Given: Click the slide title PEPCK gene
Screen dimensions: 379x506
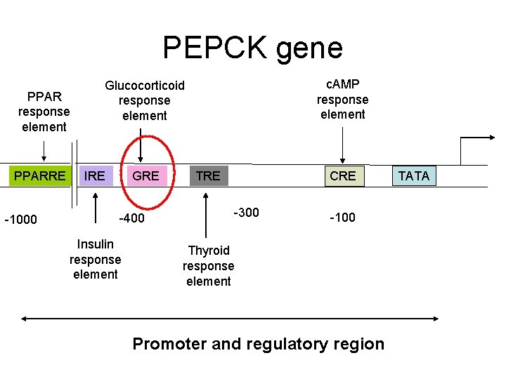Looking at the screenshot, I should point(252,48).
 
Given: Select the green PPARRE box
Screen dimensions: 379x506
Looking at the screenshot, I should point(39,175).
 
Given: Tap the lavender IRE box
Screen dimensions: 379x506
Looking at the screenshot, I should point(95,175).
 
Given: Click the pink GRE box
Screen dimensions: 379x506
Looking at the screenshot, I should point(145,175).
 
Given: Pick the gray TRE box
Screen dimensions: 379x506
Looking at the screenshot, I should point(208,175).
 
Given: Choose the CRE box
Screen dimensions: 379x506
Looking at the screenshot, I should point(343,175).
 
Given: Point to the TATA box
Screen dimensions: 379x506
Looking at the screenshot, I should point(413,175).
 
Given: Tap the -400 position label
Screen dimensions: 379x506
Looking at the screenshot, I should point(131,218).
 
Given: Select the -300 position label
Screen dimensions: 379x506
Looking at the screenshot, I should point(246,212).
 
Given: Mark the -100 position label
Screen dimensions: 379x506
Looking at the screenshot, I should point(342,218).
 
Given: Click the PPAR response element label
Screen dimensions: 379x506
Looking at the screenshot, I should point(44,112).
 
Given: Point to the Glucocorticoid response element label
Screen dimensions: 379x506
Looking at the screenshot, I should point(145,100).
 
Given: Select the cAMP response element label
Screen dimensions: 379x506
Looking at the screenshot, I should point(342,99).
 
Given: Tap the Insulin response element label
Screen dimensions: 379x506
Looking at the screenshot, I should point(96,259).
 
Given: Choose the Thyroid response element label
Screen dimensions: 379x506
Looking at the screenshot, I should point(208,266).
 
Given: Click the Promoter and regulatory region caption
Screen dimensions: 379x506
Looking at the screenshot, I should point(258,344).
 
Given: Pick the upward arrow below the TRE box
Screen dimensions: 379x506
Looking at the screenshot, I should point(205,214).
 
